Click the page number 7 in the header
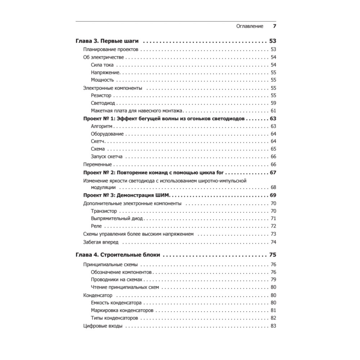coord(274,26)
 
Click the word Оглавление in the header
coord(249,26)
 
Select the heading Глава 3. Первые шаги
coord(108,41)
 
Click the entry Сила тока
coord(102,65)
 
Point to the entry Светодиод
coord(103,103)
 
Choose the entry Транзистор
coord(104,211)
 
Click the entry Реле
coord(96,226)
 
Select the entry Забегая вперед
coord(100,242)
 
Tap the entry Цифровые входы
coord(103,326)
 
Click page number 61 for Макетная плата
coord(273,111)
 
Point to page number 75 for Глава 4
coord(273,255)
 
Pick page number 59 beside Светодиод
coord(273,103)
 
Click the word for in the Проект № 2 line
coord(220,172)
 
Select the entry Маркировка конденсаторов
coord(122,310)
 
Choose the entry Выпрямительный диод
coord(117,219)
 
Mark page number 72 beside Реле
coord(273,226)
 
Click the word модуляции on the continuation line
coord(103,188)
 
